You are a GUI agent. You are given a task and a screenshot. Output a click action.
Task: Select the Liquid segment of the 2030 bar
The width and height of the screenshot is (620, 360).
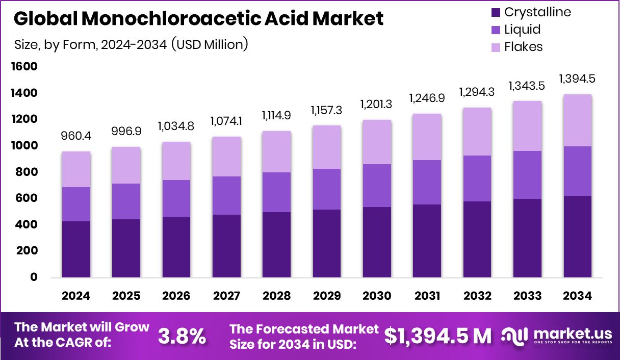click(x=377, y=186)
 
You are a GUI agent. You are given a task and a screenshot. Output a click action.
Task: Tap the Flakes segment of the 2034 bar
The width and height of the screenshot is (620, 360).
click(x=578, y=120)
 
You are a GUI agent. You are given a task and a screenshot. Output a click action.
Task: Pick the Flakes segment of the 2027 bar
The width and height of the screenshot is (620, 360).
click(x=226, y=157)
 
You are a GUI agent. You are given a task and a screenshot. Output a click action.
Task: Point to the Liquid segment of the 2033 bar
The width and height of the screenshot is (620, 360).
click(x=527, y=175)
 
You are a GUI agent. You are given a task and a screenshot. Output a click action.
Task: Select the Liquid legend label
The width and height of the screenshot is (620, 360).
click(x=522, y=30)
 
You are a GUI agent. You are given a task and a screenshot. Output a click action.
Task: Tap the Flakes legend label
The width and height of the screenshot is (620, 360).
click(x=523, y=47)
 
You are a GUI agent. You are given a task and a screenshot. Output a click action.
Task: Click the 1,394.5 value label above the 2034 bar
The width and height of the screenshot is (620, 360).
click(x=578, y=79)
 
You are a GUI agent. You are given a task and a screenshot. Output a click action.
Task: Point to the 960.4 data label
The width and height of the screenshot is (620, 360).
click(x=76, y=137)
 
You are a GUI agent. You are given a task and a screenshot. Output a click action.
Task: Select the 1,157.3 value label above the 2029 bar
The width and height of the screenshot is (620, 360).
click(x=327, y=110)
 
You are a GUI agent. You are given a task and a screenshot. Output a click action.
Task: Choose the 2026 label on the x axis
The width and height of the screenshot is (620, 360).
click(x=176, y=296)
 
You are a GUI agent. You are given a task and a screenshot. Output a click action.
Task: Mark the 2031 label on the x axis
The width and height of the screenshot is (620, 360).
click(x=427, y=296)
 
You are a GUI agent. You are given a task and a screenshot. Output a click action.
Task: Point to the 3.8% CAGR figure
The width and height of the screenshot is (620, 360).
click(x=182, y=336)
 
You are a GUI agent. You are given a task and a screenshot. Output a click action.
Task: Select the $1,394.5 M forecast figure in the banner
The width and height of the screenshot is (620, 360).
click(x=438, y=336)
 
